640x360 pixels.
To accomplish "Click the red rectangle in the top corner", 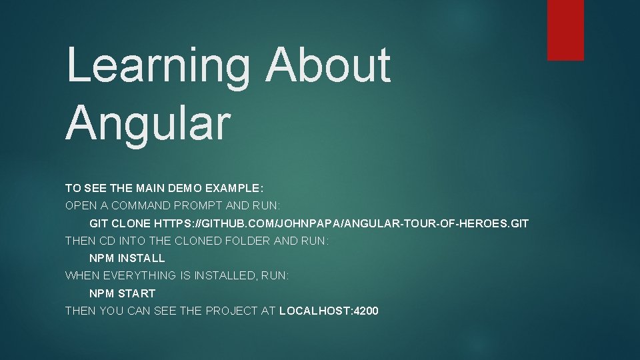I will [x=565, y=30].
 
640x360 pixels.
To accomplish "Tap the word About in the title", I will [x=328, y=65].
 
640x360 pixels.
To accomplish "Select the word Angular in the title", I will [x=148, y=122].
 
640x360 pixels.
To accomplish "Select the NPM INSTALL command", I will [x=127, y=258].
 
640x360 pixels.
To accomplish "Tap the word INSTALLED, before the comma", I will [x=225, y=275].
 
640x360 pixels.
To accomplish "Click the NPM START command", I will [x=123, y=293].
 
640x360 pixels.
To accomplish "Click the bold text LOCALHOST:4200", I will [x=329, y=311].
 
